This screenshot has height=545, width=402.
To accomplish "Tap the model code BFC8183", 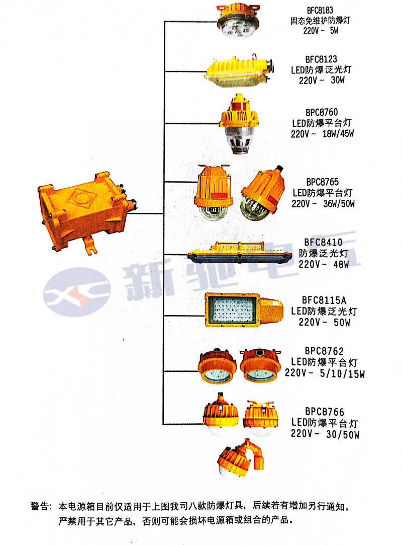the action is click(x=320, y=10).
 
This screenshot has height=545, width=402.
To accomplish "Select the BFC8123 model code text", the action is click(x=321, y=59).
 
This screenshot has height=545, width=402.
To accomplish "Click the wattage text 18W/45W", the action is click(x=338, y=133).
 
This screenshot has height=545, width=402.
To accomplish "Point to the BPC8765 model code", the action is click(x=323, y=182).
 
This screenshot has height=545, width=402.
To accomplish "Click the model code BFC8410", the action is click(x=323, y=242).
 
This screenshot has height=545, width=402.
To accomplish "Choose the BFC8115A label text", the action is click(x=324, y=300).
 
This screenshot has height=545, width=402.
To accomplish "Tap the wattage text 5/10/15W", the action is click(x=342, y=374).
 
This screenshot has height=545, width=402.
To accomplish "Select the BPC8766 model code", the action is click(x=325, y=412).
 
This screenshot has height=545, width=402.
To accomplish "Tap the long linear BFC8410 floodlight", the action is click(x=239, y=254).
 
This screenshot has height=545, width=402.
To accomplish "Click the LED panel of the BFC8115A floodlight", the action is click(x=231, y=309).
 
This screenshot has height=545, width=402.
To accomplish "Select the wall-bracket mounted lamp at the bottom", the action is click(x=240, y=459).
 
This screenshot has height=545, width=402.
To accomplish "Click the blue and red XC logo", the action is click(x=77, y=292).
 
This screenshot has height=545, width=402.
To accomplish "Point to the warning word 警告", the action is click(x=40, y=506).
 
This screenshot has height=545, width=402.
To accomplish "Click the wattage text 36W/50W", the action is click(x=339, y=204).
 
